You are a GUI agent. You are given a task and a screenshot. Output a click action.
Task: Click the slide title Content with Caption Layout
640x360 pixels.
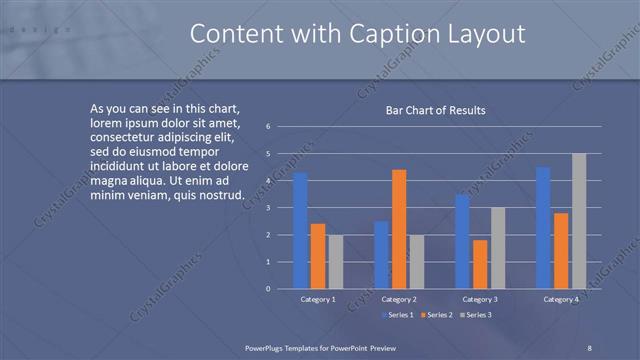coord(357,34)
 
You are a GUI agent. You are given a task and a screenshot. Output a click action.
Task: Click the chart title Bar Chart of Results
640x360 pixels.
coord(436,110)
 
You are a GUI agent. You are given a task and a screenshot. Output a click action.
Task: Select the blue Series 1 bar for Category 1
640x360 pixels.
coord(300,231)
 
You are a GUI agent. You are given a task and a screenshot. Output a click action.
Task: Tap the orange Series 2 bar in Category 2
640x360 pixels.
coord(399,229)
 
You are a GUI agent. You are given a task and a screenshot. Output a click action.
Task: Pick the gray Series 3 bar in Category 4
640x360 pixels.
coord(579,221)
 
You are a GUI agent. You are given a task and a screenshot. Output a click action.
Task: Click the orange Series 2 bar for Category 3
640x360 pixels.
coord(480,264)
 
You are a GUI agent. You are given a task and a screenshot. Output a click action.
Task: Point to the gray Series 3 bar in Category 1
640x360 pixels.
coord(335,262)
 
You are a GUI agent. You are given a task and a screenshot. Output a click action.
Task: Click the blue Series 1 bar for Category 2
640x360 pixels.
coord(381,255)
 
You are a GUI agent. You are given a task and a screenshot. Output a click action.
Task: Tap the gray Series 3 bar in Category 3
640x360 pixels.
coord(498,248)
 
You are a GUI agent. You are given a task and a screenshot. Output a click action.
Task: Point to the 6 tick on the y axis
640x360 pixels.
coord(268,127)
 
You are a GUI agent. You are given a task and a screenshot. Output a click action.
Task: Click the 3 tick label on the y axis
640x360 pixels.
coord(268,208)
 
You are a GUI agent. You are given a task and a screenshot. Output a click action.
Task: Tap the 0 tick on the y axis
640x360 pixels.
coord(268,289)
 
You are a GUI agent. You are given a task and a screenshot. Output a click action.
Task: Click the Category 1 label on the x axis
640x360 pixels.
coord(318,299)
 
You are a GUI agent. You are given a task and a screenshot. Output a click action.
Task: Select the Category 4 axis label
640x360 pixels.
coord(561,299)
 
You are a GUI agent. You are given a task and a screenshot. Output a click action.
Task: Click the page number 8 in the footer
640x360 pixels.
coord(590,347)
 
